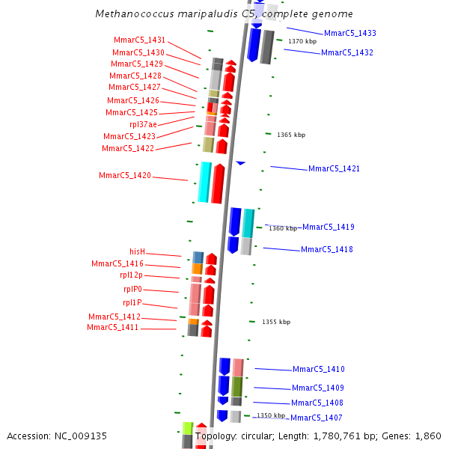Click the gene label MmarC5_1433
[x=349, y=33]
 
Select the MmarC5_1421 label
[x=334, y=168]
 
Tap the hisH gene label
[x=137, y=251]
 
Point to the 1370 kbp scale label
[x=302, y=41]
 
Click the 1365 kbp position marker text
[x=290, y=135]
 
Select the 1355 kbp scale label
[x=275, y=322]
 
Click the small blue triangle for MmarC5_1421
[x=240, y=162]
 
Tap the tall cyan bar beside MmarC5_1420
[x=204, y=182]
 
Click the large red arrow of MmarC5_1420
[x=218, y=183]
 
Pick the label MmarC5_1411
[x=112, y=327]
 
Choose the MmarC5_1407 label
[x=316, y=418]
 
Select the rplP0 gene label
[x=132, y=290]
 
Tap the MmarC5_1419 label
[x=328, y=227]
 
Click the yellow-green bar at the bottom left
[x=188, y=428]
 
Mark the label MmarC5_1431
[x=139, y=40]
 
